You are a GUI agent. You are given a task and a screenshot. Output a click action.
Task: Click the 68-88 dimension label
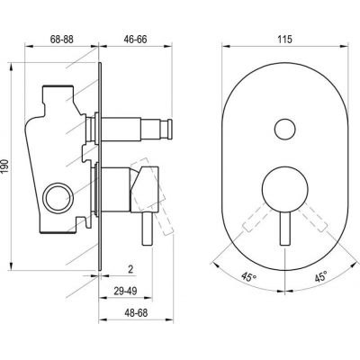[62, 40]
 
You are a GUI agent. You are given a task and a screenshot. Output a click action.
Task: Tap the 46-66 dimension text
[136, 40]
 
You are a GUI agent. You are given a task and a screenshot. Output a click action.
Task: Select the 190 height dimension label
[5, 166]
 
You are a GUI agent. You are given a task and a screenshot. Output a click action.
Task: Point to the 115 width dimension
[285, 40]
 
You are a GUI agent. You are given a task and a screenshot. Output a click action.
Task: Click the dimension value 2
[130, 269]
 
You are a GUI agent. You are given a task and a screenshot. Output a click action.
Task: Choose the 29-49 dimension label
[125, 291]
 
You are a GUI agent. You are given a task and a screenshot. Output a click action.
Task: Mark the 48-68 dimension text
[136, 313]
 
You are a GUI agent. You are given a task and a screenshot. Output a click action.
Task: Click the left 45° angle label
[249, 277]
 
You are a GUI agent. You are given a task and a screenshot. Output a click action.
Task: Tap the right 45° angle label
[320, 276]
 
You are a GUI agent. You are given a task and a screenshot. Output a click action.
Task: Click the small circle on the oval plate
[284, 129]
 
